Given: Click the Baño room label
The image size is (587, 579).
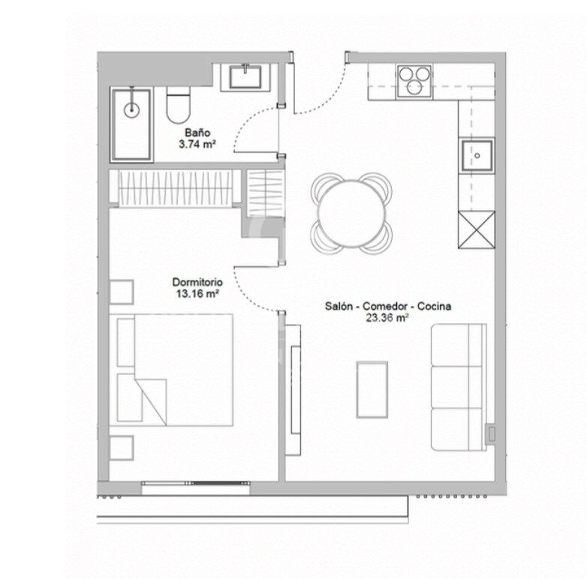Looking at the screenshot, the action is tap(197, 133).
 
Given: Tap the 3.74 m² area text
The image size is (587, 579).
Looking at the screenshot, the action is tap(197, 144).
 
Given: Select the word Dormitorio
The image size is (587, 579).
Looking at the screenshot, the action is tap(197, 282).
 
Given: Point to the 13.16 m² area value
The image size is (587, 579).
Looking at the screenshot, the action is tap(197, 293).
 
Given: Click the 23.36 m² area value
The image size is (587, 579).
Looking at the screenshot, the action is tap(387, 318).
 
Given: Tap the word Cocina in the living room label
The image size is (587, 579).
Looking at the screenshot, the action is tap(434, 306).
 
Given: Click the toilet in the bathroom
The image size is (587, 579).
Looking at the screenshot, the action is tap(178, 105).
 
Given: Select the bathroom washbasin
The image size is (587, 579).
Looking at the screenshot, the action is tap(245, 77).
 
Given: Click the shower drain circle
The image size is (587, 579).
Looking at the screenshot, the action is tap(131, 109).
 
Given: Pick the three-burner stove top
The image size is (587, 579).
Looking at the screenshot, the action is tap(414, 82).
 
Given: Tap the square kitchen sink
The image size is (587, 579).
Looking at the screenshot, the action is tap(477, 155).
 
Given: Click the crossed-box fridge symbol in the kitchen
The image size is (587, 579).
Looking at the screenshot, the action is tap(477, 229).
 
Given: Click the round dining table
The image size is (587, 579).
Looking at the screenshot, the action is tap(351, 214).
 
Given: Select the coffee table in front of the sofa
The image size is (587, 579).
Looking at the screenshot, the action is tap(372, 389).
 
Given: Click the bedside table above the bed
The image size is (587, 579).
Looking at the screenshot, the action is tap(122, 292).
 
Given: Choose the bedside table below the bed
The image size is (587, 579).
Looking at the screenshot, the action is tap(122, 448).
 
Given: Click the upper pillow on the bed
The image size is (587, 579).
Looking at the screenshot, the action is tap(126, 342).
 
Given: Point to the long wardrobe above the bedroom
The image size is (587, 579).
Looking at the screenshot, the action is tap(175, 187).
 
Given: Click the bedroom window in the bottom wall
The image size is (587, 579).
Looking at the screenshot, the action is tap(196, 483).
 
